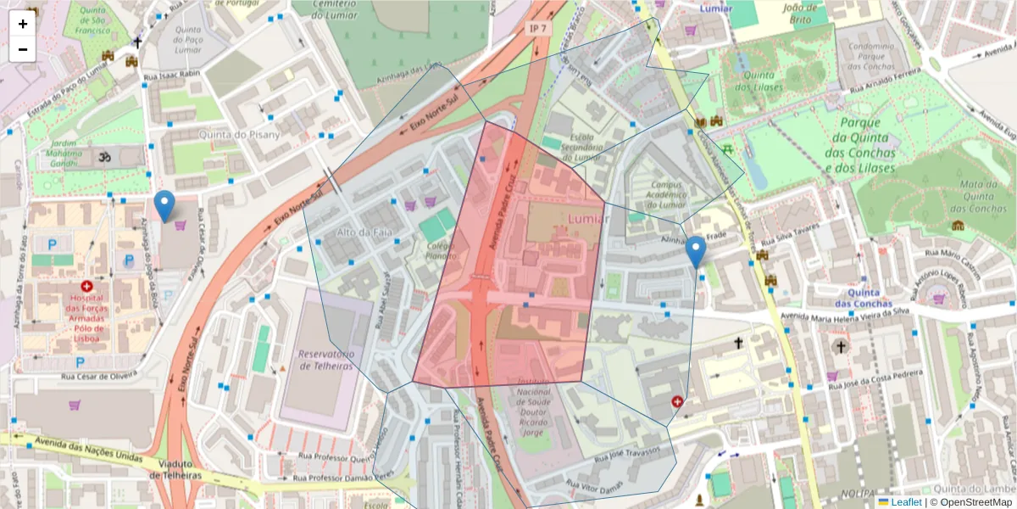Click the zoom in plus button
[23, 24]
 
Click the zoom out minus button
[23, 49]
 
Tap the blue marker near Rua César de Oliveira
[164, 206]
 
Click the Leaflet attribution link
[905, 502]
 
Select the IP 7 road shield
[537, 29]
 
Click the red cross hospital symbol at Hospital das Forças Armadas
[87, 288]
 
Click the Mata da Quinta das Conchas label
[960, 195]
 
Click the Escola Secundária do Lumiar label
[570, 146]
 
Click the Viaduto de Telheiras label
[179, 469]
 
